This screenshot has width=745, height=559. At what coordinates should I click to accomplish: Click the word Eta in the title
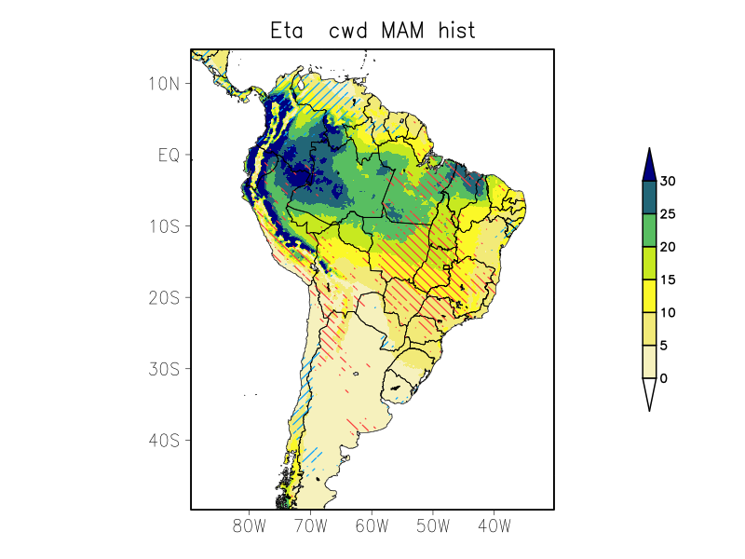click(288, 31)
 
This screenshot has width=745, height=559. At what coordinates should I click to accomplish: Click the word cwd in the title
click(350, 31)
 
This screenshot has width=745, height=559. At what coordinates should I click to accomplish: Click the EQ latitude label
click(169, 155)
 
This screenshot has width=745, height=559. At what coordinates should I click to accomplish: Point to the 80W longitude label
click(250, 526)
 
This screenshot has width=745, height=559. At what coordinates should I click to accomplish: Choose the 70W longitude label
click(311, 526)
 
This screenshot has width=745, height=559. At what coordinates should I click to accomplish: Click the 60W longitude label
click(372, 526)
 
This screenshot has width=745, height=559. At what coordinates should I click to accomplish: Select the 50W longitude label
click(433, 526)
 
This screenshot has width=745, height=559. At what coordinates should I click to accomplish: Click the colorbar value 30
click(668, 182)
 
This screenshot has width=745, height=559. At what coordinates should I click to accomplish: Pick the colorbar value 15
click(668, 279)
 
